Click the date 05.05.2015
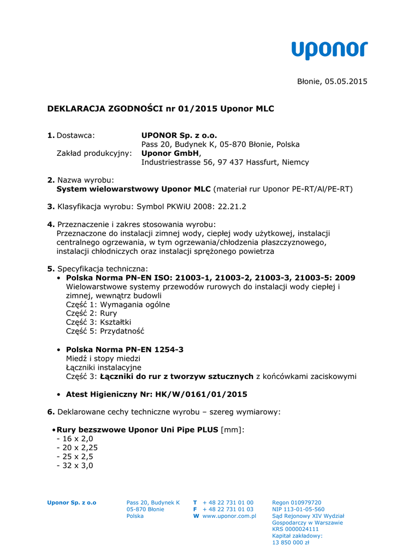(346, 81)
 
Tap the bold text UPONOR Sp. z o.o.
(179, 135)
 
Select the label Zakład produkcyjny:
(94, 153)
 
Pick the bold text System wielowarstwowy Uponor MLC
(133, 189)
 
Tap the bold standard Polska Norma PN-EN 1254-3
(125, 349)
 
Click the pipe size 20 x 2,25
(79, 447)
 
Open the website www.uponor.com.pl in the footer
(229, 516)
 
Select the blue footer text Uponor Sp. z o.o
(72, 503)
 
